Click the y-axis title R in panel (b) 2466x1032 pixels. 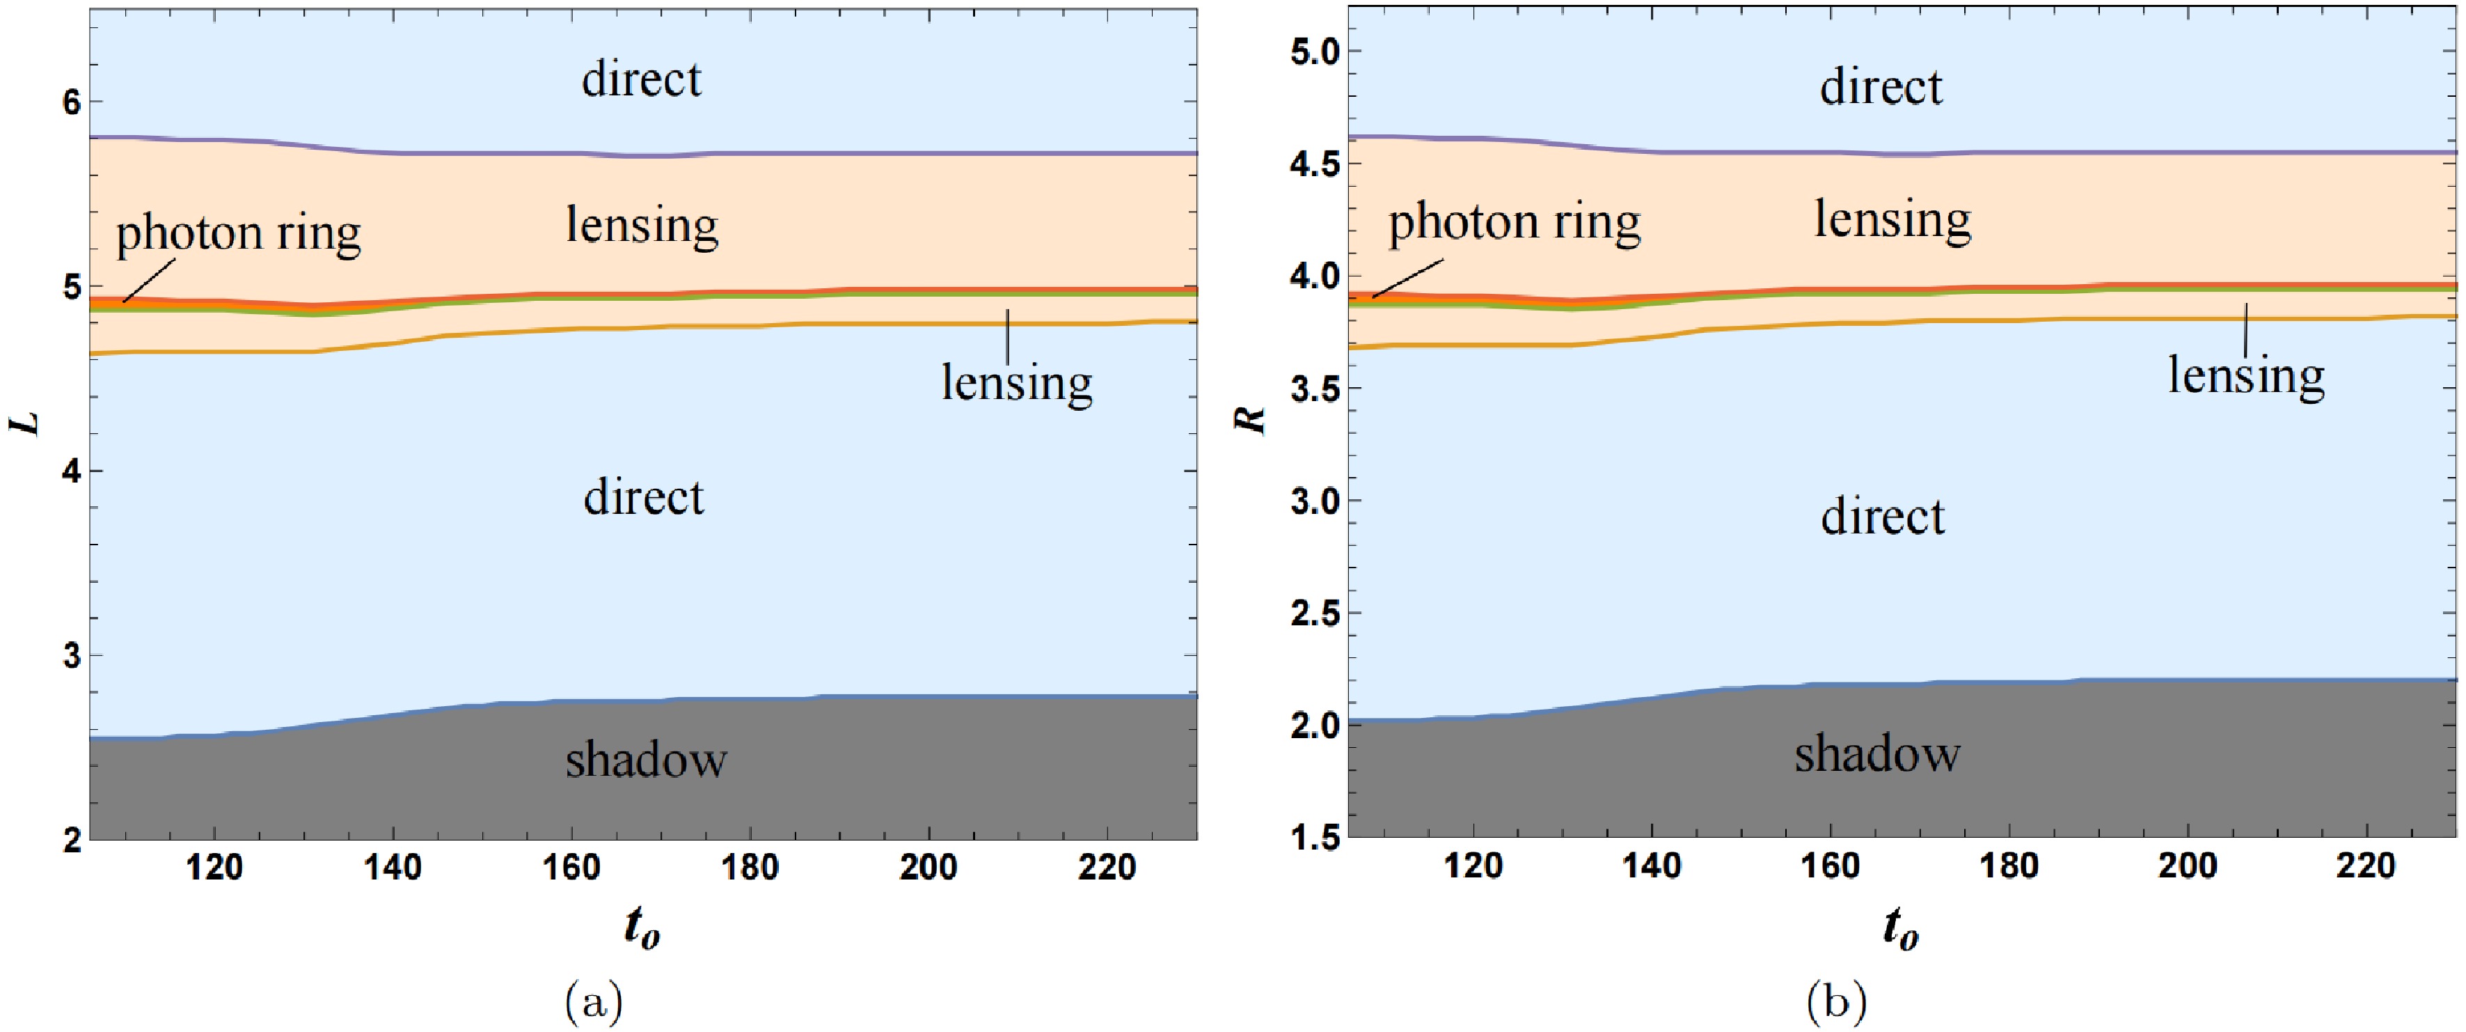coord(1252,419)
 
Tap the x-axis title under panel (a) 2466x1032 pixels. coord(642,928)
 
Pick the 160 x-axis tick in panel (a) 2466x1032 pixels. coord(571,868)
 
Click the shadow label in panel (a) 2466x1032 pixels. coord(646,760)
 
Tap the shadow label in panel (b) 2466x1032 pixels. coord(1877,754)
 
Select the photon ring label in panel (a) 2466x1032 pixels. coord(238,233)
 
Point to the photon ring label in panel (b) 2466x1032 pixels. coord(1515,223)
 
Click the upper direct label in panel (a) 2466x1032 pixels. coord(642,79)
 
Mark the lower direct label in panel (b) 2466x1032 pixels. coord(1882,517)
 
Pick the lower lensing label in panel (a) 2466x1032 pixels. coord(1017,384)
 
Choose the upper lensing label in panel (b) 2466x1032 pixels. coord(1892,220)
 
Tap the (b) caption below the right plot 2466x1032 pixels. coord(1836,1003)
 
